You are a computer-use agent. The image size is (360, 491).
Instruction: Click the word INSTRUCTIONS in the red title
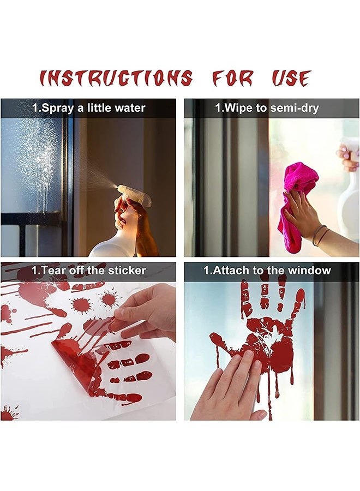116,79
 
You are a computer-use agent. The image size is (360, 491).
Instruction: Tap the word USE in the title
291,79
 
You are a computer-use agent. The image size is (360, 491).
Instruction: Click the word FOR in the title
232,79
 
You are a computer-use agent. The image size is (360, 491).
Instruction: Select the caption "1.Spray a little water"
89,108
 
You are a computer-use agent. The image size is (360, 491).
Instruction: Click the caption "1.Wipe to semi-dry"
267,108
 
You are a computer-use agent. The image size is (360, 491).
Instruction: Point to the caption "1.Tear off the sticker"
89,270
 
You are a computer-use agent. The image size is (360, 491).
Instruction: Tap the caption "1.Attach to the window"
267,270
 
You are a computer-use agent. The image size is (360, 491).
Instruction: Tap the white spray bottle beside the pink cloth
349,196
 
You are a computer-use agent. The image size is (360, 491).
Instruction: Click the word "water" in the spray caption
130,108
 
